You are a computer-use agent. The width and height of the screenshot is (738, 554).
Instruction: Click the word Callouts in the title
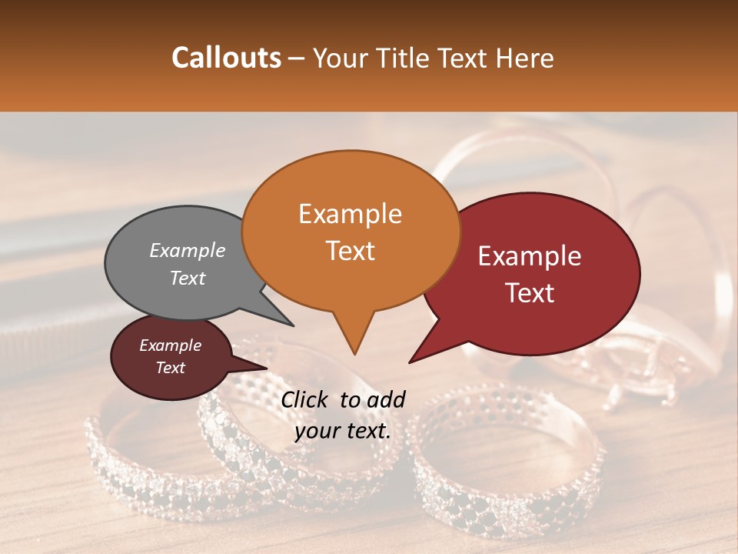[226, 58]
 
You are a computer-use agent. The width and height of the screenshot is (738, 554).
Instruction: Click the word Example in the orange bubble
[350, 214]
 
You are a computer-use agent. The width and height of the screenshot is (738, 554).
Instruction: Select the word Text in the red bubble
[530, 293]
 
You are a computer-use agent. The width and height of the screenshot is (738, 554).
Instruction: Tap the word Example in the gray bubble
[188, 251]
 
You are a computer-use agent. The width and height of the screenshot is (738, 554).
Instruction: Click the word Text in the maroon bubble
[171, 368]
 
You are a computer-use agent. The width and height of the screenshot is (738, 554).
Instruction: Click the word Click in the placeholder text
[305, 399]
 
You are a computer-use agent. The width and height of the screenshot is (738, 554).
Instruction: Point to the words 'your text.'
[343, 431]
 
